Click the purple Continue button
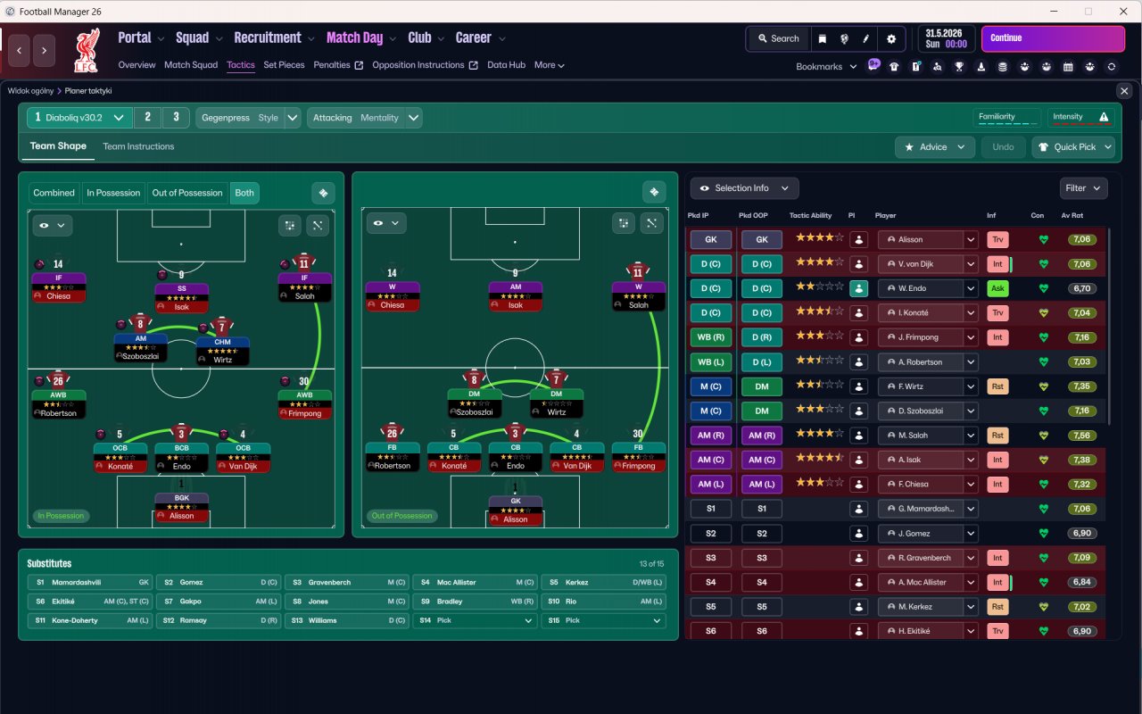click(1053, 38)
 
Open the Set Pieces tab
click(284, 65)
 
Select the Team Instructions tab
click(138, 146)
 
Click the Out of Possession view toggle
click(187, 193)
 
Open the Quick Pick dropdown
click(1073, 147)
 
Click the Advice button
click(934, 147)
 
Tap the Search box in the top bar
click(779, 38)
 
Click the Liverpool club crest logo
click(87, 51)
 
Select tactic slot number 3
click(176, 117)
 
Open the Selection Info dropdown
click(744, 188)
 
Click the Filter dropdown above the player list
click(1083, 188)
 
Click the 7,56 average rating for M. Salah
click(1081, 435)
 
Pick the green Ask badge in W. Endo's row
click(997, 288)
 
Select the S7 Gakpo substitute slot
click(219, 602)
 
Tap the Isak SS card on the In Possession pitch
click(181, 298)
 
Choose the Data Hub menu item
click(506, 65)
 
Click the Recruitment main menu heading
click(268, 37)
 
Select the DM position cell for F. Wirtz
click(762, 386)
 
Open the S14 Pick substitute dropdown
click(476, 620)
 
